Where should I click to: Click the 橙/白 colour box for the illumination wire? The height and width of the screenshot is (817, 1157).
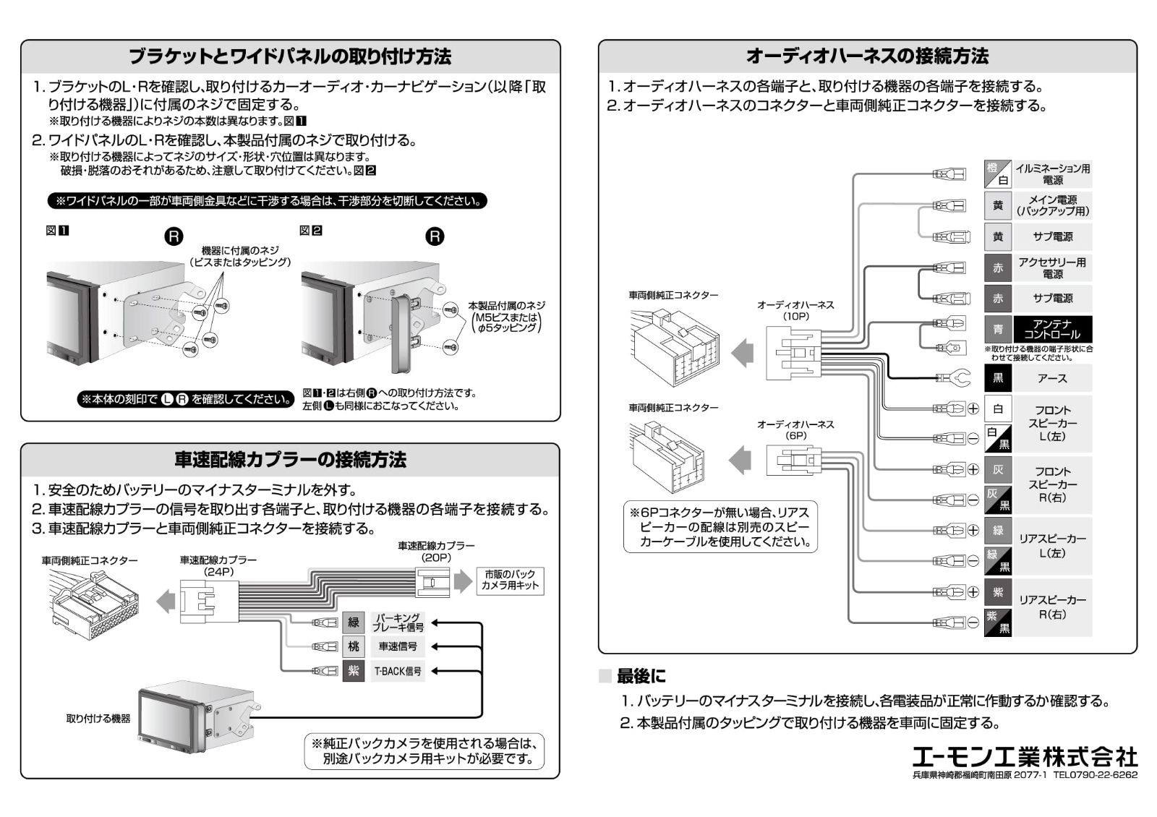tap(998, 174)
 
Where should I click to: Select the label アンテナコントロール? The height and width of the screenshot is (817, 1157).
tap(1052, 330)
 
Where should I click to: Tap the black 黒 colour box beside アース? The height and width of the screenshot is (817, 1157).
tap(998, 378)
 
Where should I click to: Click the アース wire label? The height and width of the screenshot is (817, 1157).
tap(1052, 378)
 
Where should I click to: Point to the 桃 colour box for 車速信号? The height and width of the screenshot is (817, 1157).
tap(353, 646)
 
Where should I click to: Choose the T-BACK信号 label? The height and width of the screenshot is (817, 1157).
tap(397, 672)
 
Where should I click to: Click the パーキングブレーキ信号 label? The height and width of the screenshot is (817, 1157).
tap(397, 623)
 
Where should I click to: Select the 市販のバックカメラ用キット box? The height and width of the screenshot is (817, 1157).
tap(511, 581)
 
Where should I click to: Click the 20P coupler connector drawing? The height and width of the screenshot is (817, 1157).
tap(432, 581)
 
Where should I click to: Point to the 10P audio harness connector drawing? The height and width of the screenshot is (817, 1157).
tap(793, 354)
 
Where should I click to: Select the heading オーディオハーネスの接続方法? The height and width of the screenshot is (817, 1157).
tap(867, 56)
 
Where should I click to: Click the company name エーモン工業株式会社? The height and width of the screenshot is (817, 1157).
tap(1024, 757)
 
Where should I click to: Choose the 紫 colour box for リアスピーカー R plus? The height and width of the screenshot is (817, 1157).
tap(998, 592)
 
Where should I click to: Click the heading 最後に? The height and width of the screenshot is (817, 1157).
tap(641, 677)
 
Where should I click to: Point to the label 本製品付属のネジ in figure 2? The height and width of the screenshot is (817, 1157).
tap(506, 306)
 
